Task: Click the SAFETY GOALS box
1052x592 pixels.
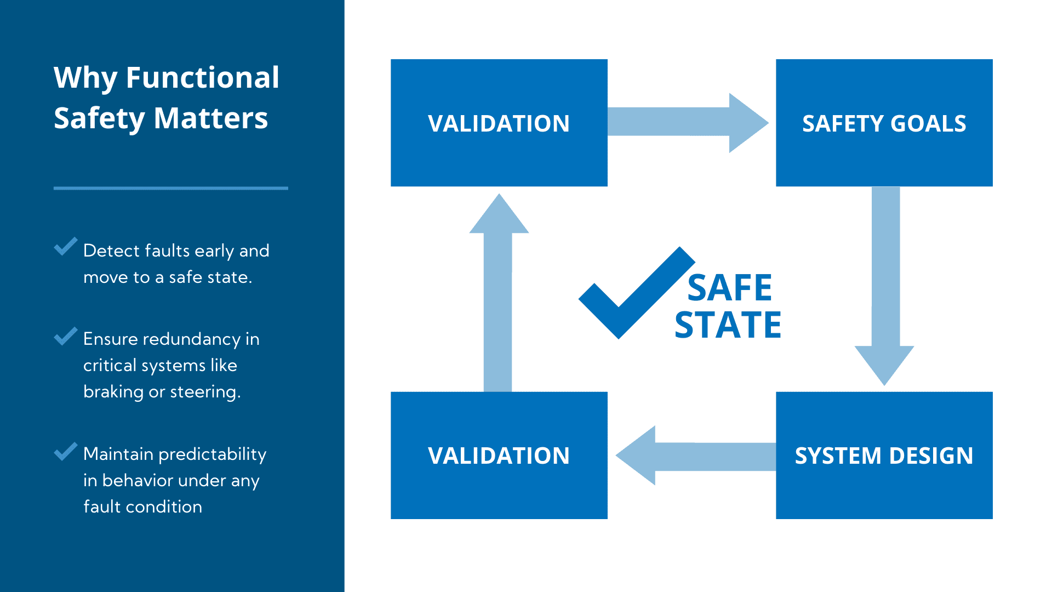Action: tap(884, 123)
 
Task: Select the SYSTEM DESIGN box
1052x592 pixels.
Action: tap(884, 455)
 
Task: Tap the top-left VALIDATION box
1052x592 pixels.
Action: tap(499, 123)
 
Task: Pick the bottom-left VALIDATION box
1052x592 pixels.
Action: tap(499, 455)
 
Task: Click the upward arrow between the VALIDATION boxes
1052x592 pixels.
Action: tap(498, 296)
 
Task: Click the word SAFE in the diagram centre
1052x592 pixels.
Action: tap(729, 288)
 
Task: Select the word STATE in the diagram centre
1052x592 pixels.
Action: tap(728, 325)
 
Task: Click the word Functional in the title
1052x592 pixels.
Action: tap(202, 77)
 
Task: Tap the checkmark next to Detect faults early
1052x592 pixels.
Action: tap(66, 247)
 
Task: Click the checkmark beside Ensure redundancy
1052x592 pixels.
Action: tap(66, 336)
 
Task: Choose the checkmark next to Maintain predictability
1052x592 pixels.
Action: tap(66, 451)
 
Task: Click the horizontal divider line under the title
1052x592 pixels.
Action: tap(170, 188)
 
